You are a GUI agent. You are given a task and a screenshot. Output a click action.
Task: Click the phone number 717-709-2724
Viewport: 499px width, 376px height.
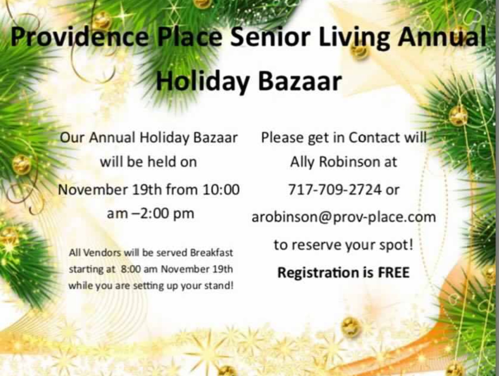(335, 189)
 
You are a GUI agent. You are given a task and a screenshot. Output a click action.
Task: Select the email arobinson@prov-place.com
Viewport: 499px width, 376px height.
(344, 217)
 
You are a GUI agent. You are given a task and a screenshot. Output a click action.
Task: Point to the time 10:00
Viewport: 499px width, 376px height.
(221, 190)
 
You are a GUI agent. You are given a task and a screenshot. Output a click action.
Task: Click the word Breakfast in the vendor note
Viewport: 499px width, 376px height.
(211, 253)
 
